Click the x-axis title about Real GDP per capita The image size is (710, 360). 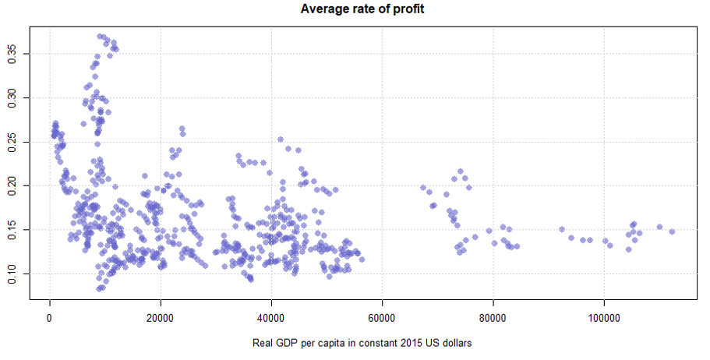(362, 343)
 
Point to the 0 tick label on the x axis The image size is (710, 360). (50, 319)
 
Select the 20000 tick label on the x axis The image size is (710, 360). (161, 319)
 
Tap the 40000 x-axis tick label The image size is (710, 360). (271, 319)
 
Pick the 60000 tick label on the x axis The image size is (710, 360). (382, 319)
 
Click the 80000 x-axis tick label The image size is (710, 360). (493, 319)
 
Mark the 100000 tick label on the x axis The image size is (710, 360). (603, 319)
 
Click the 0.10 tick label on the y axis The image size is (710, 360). (10, 274)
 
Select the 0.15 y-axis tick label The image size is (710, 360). (10, 230)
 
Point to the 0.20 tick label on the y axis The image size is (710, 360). (10, 185)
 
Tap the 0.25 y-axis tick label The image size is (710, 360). (10, 142)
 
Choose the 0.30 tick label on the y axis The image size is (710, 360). (10, 97)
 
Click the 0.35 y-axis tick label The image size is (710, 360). (10, 54)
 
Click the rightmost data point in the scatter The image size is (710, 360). (672, 231)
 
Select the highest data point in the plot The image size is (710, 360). (100, 36)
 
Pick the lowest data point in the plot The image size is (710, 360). (99, 289)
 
